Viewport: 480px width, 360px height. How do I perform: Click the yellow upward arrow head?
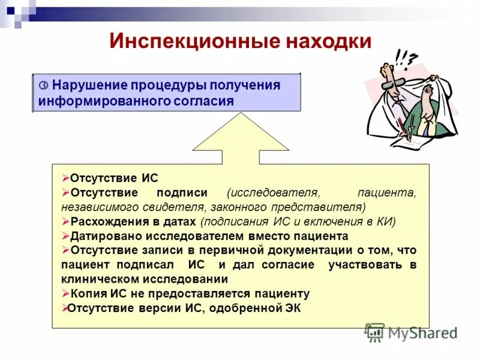point(239,135)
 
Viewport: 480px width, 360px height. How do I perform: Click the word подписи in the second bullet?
point(182,193)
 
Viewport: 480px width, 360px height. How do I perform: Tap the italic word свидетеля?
point(171,207)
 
